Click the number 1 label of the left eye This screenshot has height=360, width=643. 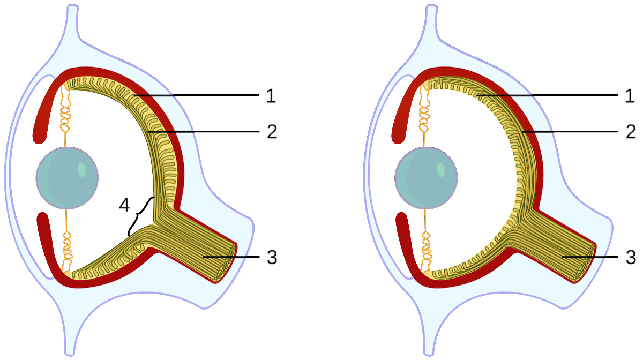tap(271, 96)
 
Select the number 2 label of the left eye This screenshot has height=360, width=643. tap(271, 132)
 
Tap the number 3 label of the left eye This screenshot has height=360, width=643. tap(272, 258)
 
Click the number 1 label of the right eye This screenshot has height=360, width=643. tap(629, 96)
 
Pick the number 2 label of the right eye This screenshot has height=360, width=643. tap(629, 132)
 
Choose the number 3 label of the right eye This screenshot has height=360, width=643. tap(630, 258)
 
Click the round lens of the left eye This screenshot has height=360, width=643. tap(67, 178)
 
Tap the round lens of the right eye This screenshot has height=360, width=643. tap(425, 178)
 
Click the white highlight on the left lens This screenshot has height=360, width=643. tap(81, 170)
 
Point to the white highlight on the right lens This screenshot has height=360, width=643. tap(440, 170)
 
